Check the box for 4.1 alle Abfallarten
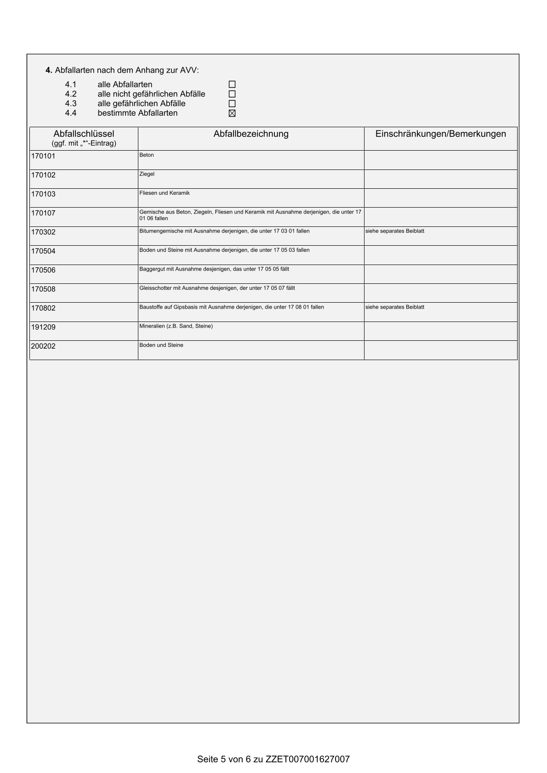[x=232, y=85]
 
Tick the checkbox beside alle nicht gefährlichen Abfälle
[x=232, y=94]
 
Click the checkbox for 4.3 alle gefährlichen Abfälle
[x=232, y=104]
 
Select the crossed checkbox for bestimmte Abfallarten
[x=232, y=113]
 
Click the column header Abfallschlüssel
[x=84, y=134]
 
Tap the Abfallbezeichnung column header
[x=251, y=134]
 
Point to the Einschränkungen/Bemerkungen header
[x=440, y=134]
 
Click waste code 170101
[x=43, y=156]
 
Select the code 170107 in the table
[x=43, y=213]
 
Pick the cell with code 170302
[x=43, y=232]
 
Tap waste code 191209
[x=43, y=327]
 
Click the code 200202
[x=43, y=346]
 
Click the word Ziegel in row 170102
[x=147, y=174]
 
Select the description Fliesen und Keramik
[x=165, y=193]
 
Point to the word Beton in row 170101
[x=147, y=155]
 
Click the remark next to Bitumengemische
[x=395, y=231]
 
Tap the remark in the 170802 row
[x=395, y=307]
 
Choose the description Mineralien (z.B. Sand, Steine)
[x=176, y=326]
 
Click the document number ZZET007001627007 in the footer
[x=308, y=759]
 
